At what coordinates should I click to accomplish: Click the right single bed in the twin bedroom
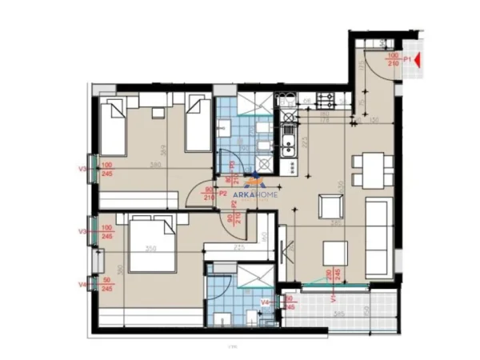pyautogui.click(x=197, y=123)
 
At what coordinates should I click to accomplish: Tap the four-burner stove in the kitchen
pyautogui.click(x=326, y=100)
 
